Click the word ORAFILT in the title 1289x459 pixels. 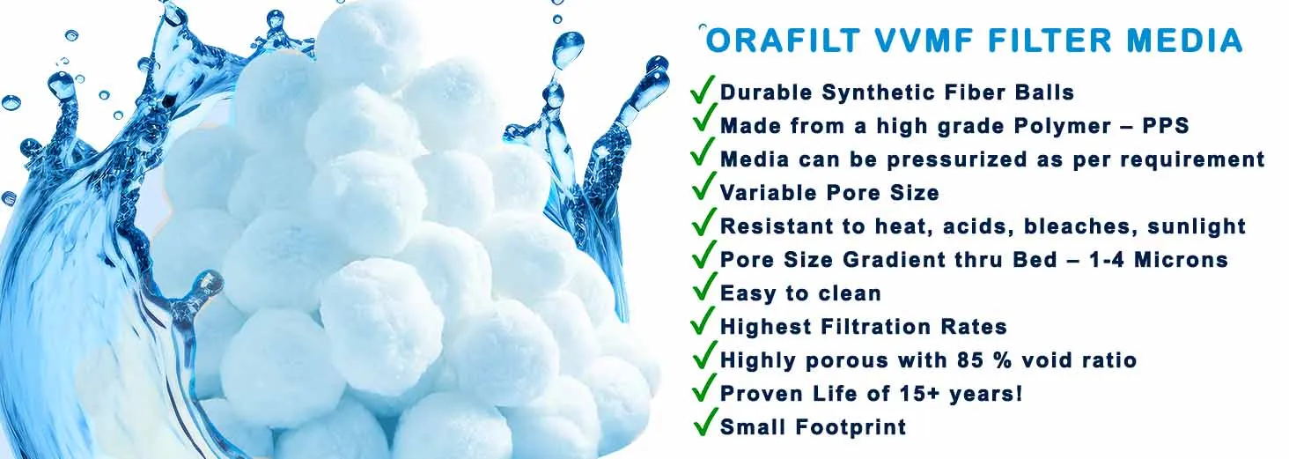click(784, 41)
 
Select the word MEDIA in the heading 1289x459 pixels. click(1184, 41)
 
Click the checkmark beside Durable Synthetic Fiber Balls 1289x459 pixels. click(703, 88)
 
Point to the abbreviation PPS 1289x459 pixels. click(1165, 126)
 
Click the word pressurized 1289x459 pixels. click(956, 159)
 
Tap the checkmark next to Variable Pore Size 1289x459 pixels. click(703, 188)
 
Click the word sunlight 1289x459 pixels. click(1197, 227)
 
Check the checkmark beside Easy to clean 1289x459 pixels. click(703, 288)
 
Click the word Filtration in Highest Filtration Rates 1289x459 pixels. click(874, 327)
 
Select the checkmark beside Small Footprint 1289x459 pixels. click(703, 422)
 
